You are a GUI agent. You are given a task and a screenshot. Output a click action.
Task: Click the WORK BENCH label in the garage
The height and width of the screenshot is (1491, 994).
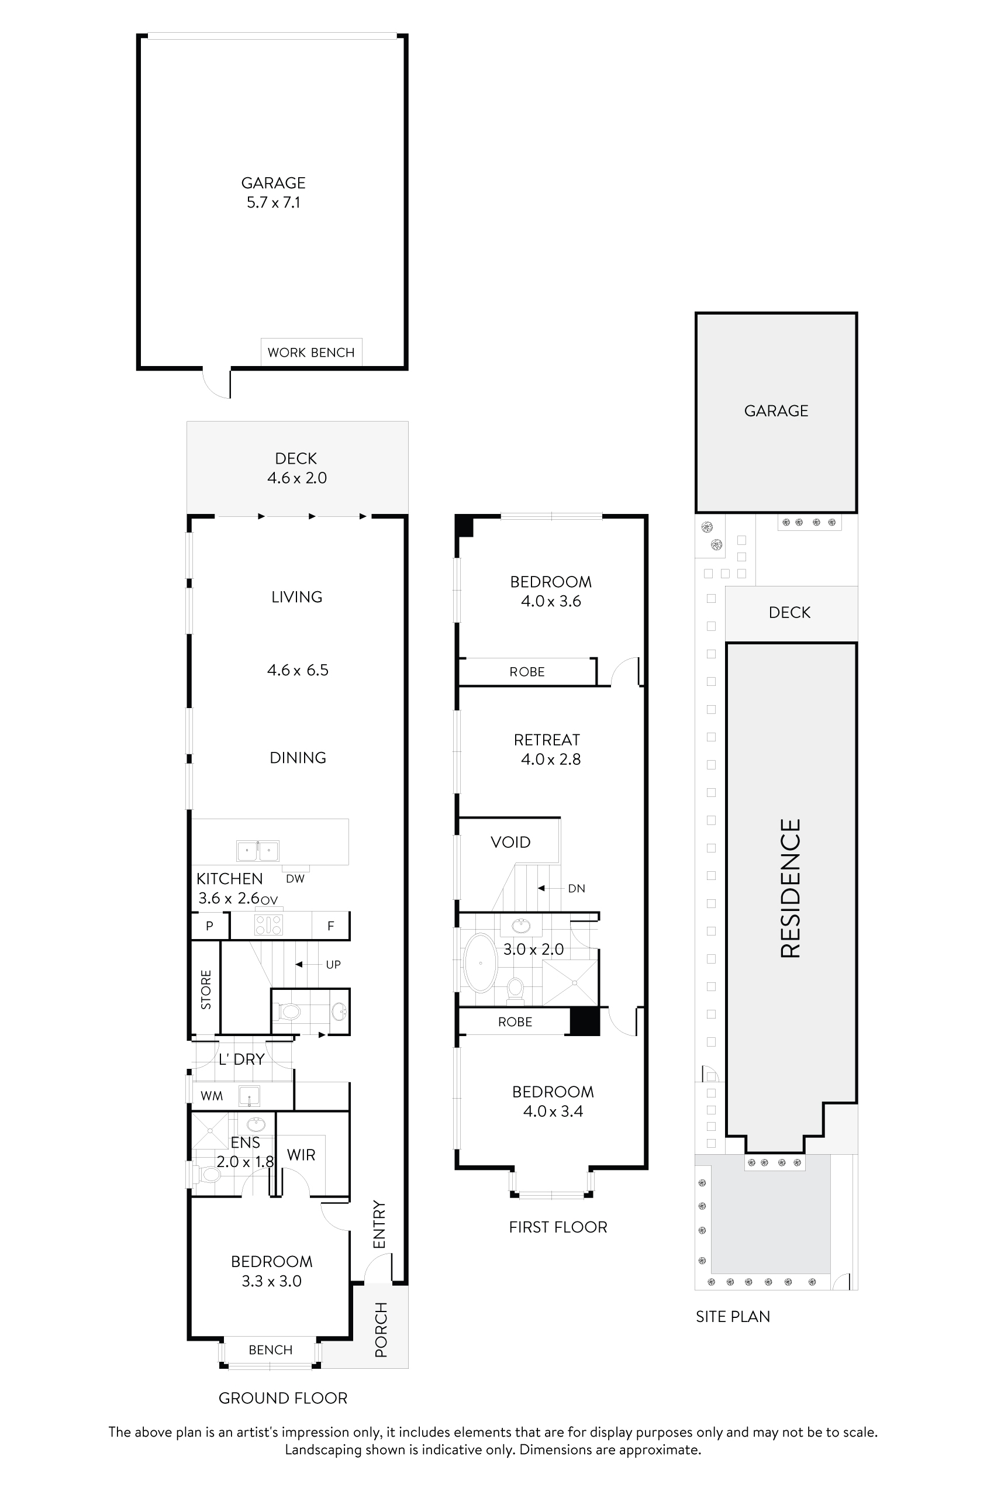[x=310, y=353]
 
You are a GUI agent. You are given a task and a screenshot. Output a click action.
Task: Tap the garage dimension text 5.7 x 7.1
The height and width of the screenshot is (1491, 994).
[x=273, y=202]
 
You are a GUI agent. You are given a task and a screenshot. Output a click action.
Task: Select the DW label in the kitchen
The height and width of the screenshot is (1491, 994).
[x=295, y=879]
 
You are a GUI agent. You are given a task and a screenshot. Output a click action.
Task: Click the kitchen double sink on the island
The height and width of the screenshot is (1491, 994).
[x=257, y=851]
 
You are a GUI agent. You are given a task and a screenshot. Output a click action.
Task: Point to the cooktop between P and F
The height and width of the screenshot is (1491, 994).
[x=268, y=926]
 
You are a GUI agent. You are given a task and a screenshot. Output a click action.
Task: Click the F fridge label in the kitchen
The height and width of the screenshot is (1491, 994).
[x=330, y=926]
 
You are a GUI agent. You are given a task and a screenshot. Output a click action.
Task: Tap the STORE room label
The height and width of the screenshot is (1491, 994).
[x=206, y=989]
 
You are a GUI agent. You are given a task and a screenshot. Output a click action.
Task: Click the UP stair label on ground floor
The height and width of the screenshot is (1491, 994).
[x=333, y=964]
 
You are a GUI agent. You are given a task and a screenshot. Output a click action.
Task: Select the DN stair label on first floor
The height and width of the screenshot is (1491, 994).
[x=577, y=888]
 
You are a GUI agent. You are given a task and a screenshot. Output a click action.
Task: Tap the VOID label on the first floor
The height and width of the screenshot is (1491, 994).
[x=510, y=842]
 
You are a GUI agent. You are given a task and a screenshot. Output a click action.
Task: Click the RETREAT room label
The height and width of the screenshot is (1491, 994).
[x=547, y=740]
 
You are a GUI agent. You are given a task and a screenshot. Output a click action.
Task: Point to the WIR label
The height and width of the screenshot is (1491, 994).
[x=301, y=1154]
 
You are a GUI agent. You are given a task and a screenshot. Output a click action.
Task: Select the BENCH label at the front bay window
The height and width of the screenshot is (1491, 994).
[x=271, y=1350]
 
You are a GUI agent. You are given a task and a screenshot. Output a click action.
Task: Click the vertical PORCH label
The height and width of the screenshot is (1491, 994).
[x=381, y=1330]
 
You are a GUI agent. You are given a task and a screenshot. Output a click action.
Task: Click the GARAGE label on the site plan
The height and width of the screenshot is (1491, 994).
[x=776, y=411]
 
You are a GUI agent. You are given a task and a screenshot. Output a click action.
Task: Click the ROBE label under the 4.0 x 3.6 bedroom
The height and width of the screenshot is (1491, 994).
[x=527, y=671]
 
